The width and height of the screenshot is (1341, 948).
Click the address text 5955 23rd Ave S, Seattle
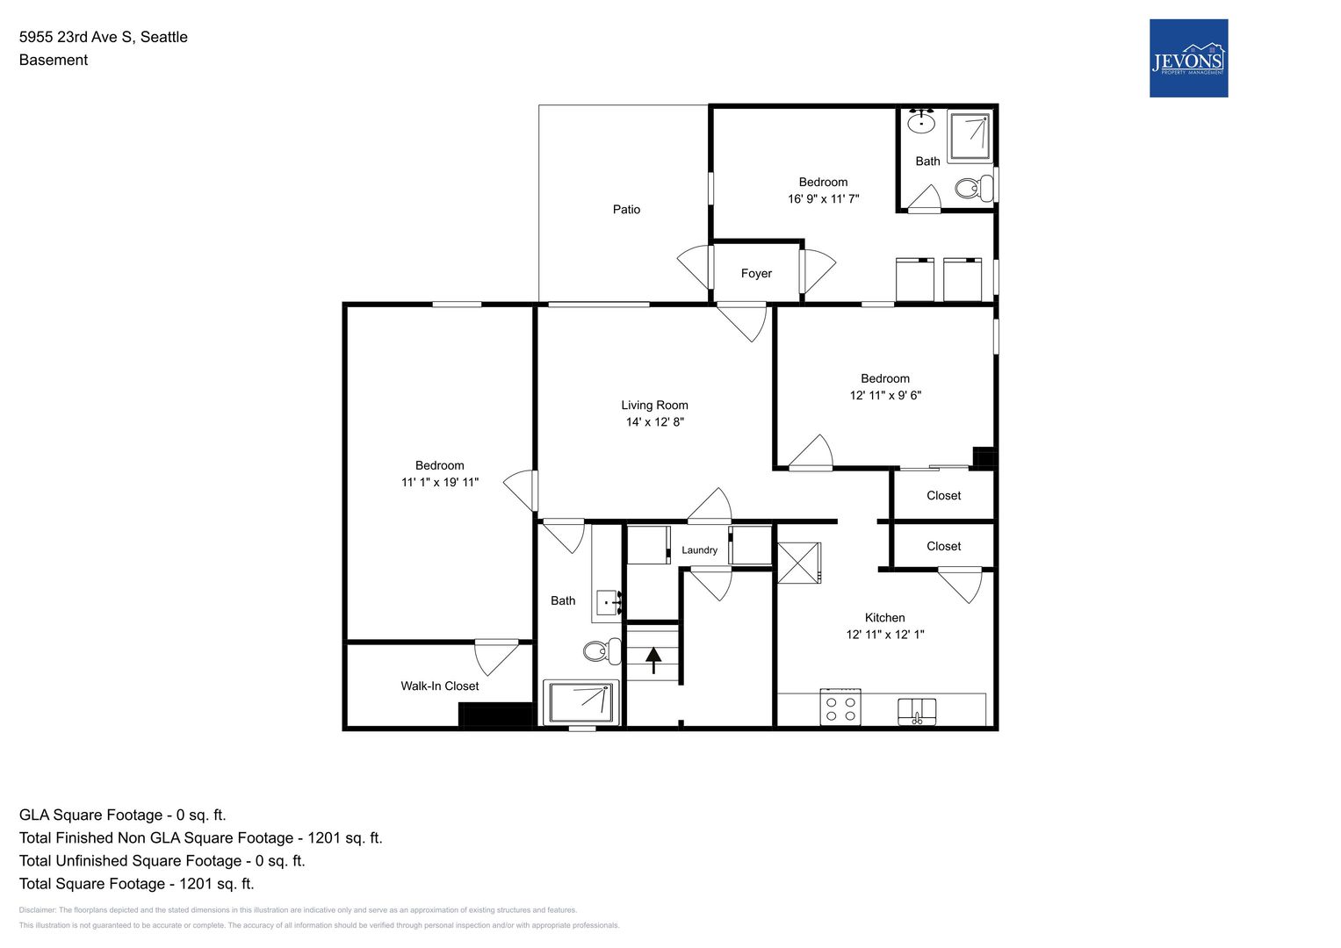point(104,37)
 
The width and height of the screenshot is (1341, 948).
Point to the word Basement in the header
point(54,60)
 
